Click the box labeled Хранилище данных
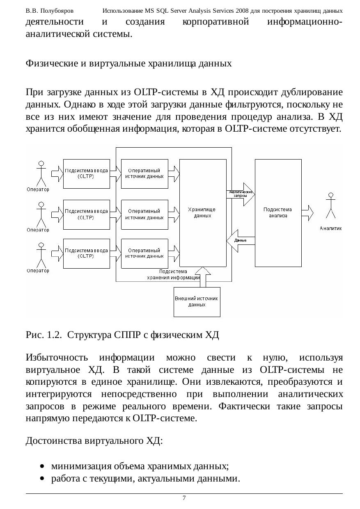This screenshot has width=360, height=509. [x=203, y=230]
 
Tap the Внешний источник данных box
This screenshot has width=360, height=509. [x=197, y=302]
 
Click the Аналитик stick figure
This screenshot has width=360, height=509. [x=330, y=207]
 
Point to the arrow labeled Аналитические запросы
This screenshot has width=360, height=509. [x=241, y=193]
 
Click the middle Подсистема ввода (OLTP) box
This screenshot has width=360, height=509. [x=86, y=214]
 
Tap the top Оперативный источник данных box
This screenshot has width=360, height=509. [x=144, y=173]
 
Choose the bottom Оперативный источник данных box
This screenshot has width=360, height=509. [x=144, y=253]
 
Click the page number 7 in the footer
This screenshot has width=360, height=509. [x=184, y=498]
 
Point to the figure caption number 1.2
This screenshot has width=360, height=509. [x=53, y=336]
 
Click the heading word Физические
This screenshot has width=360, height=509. [x=48, y=63]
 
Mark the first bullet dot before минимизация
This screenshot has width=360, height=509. [x=42, y=466]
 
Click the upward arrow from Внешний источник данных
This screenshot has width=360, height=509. [x=203, y=277]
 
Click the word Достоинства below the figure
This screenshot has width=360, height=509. [x=54, y=441]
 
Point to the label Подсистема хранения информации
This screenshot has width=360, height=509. [x=173, y=274]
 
